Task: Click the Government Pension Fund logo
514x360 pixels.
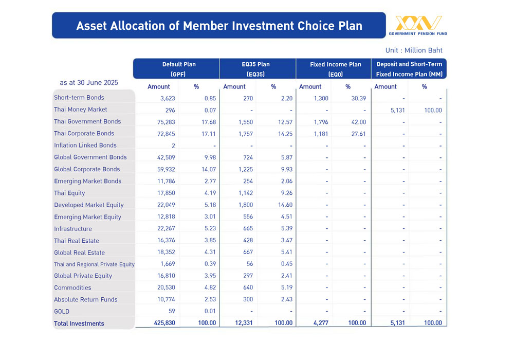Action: tap(418, 25)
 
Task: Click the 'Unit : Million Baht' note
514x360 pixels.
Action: tap(414, 50)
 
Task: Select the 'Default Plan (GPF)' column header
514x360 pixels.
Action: tap(179, 69)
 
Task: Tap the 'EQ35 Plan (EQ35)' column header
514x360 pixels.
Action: tap(255, 69)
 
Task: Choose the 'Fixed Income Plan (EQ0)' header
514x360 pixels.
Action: tap(335, 69)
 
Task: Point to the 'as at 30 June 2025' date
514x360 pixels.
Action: tap(89, 83)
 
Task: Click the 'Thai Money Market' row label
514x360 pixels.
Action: tap(80, 110)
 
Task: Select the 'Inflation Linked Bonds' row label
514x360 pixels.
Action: tap(85, 145)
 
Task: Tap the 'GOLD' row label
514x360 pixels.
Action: tap(62, 312)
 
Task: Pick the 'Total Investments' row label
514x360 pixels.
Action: tap(79, 323)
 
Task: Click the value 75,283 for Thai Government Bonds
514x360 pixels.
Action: tap(166, 122)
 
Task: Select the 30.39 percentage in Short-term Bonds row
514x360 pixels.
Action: tap(359, 98)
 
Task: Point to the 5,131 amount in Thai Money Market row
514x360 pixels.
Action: tap(398, 110)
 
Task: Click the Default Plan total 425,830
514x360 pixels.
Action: tap(164, 323)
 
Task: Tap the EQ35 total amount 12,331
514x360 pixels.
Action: tap(244, 323)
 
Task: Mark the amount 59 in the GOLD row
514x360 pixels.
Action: tap(172, 311)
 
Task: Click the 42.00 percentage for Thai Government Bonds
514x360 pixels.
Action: tap(359, 122)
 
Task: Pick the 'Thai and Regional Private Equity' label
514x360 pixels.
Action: tap(95, 264)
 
